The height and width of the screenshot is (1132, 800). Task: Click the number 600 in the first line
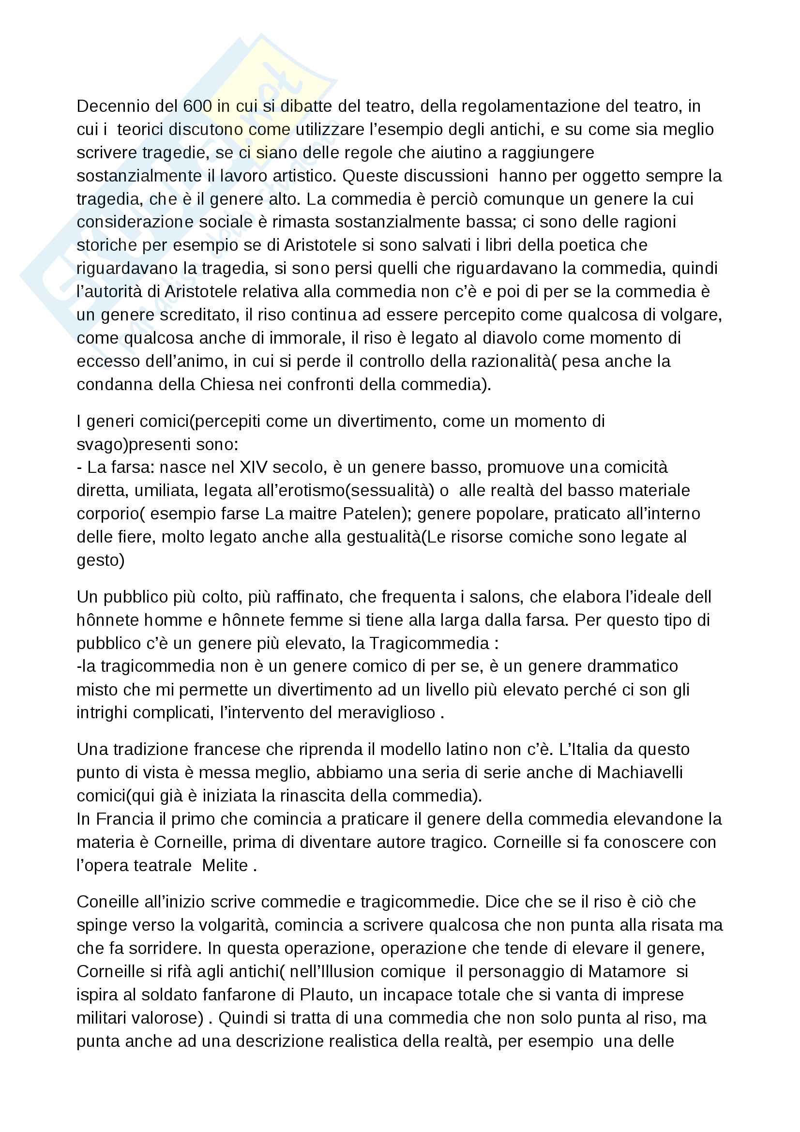pyautogui.click(x=197, y=106)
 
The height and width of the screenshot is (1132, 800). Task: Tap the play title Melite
pyautogui.click(x=225, y=866)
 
